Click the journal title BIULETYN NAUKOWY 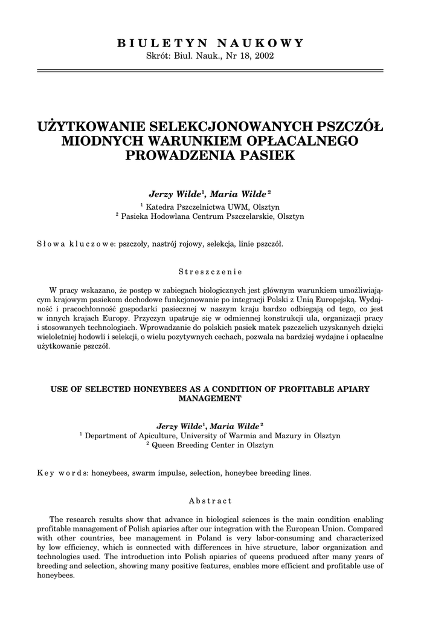tap(210, 43)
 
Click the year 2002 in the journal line tap(263, 56)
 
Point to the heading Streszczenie tap(210, 271)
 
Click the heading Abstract tap(210, 501)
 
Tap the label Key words tap(63, 473)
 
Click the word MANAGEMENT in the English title tap(210, 399)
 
